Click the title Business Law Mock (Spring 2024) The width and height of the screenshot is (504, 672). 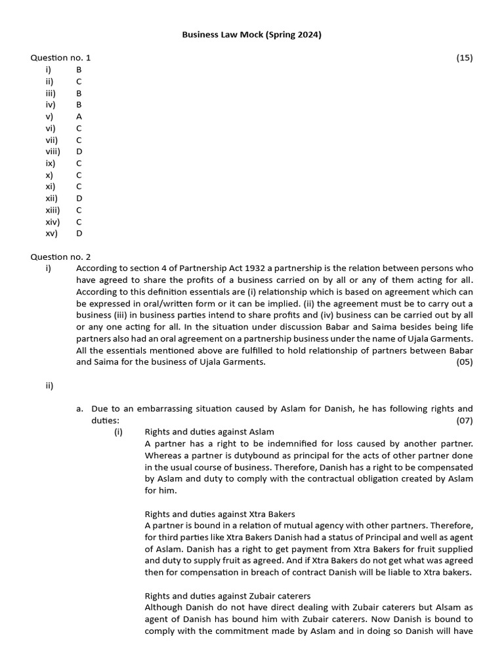[x=251, y=35]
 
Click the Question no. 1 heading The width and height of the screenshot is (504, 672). [x=60, y=58]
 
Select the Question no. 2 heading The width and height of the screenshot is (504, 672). [x=60, y=257]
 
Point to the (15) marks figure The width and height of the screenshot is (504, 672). [x=465, y=58]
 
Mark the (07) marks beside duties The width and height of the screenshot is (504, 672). [x=465, y=420]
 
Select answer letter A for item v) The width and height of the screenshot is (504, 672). [x=79, y=116]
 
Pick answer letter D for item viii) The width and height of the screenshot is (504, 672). [x=79, y=151]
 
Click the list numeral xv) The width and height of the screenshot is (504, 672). [x=52, y=233]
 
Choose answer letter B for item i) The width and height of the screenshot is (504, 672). [x=79, y=69]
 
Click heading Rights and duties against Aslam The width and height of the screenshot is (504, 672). [x=209, y=432]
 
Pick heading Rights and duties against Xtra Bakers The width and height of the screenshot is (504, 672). [x=219, y=513]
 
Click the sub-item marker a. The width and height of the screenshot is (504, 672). [x=79, y=408]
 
